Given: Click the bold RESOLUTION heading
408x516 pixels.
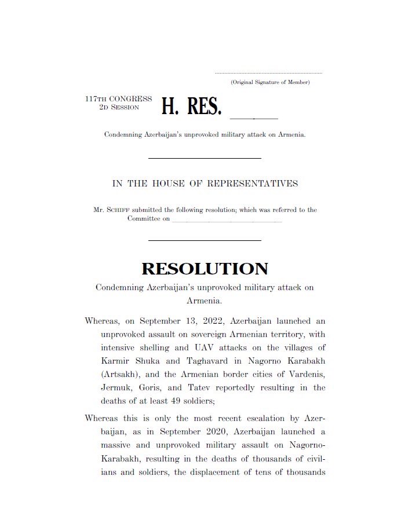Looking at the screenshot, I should tap(205, 269).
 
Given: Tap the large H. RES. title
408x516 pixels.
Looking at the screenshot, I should tap(191, 107).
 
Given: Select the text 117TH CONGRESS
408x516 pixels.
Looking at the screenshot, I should tap(118, 99).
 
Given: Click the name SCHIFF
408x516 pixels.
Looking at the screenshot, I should tap(115, 210).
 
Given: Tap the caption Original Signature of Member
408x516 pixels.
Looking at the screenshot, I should tap(270, 82).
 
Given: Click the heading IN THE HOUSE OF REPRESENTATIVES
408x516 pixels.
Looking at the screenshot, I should tap(205, 184).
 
